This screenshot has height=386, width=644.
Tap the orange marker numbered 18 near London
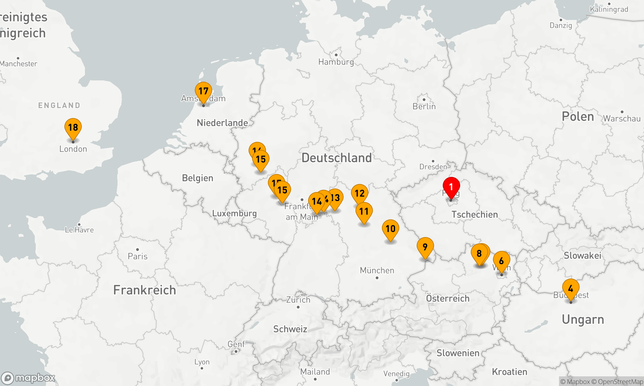click(x=73, y=128)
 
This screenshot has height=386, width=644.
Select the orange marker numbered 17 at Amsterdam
click(x=204, y=91)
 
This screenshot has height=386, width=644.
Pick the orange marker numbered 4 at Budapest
click(x=571, y=289)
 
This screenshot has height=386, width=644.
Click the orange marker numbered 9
click(x=425, y=247)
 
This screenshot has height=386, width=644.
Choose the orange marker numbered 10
click(x=390, y=229)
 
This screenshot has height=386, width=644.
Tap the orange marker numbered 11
click(x=364, y=212)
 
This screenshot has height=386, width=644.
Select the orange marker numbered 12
click(x=359, y=194)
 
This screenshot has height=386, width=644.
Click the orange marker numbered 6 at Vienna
click(x=501, y=261)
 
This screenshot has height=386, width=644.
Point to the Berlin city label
click(x=424, y=106)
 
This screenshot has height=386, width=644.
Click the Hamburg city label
click(x=336, y=62)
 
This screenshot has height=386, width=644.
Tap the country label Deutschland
click(x=336, y=158)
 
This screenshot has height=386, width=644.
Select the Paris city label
click(x=137, y=256)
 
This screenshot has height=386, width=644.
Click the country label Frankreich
click(x=145, y=290)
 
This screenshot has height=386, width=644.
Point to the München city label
click(x=377, y=271)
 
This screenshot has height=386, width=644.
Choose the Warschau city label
click(x=621, y=119)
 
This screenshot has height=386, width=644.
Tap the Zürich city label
click(x=298, y=300)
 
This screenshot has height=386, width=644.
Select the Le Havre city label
click(x=79, y=230)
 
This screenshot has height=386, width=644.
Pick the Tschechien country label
click(x=475, y=215)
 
